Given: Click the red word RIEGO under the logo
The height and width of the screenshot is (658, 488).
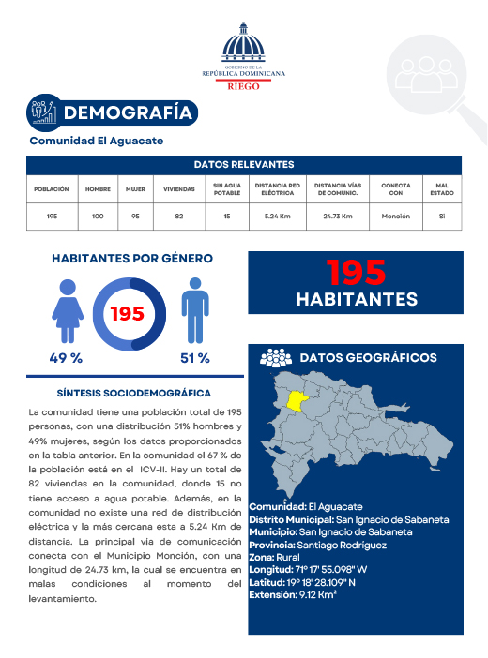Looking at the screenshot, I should pos(244,83).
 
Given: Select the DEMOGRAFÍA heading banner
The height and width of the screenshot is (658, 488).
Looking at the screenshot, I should pos(127,113).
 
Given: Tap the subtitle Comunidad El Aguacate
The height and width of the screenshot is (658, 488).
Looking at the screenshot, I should pos(97,141).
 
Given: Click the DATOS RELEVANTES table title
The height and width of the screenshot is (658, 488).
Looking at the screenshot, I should pos(244,164).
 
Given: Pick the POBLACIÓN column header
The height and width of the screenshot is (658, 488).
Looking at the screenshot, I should pos(52,188).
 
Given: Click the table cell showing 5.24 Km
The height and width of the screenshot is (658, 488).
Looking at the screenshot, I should pos(279,217).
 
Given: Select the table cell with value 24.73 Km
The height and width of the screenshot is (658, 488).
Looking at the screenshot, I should pos(337,217).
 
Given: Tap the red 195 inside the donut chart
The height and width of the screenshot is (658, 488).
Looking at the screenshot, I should pos(128,313).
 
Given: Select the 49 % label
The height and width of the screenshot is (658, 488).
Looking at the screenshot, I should pos(66,358).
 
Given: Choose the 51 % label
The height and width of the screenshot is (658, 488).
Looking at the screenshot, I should pos(193,358).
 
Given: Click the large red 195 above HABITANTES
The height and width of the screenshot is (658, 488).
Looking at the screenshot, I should pos(356,273).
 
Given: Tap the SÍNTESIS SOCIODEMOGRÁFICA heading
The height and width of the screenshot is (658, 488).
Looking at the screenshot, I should pos(133,394).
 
